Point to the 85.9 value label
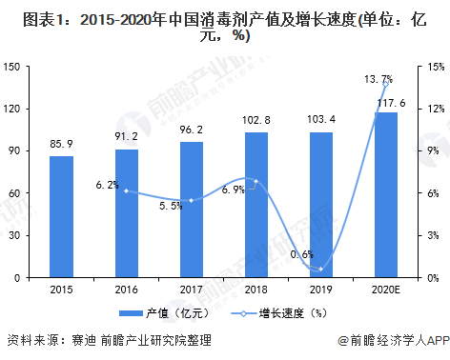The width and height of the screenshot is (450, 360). click(x=62, y=146)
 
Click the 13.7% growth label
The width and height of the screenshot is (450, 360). click(x=378, y=80)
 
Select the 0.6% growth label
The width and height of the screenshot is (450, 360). click(x=301, y=255)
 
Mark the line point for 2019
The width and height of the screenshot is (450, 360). click(x=321, y=269)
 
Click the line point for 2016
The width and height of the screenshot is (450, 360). click(x=127, y=190)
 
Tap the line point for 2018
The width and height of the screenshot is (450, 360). click(x=256, y=181)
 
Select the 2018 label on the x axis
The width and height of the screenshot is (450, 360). click(x=256, y=289)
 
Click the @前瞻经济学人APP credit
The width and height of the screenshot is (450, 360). click(x=385, y=340)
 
